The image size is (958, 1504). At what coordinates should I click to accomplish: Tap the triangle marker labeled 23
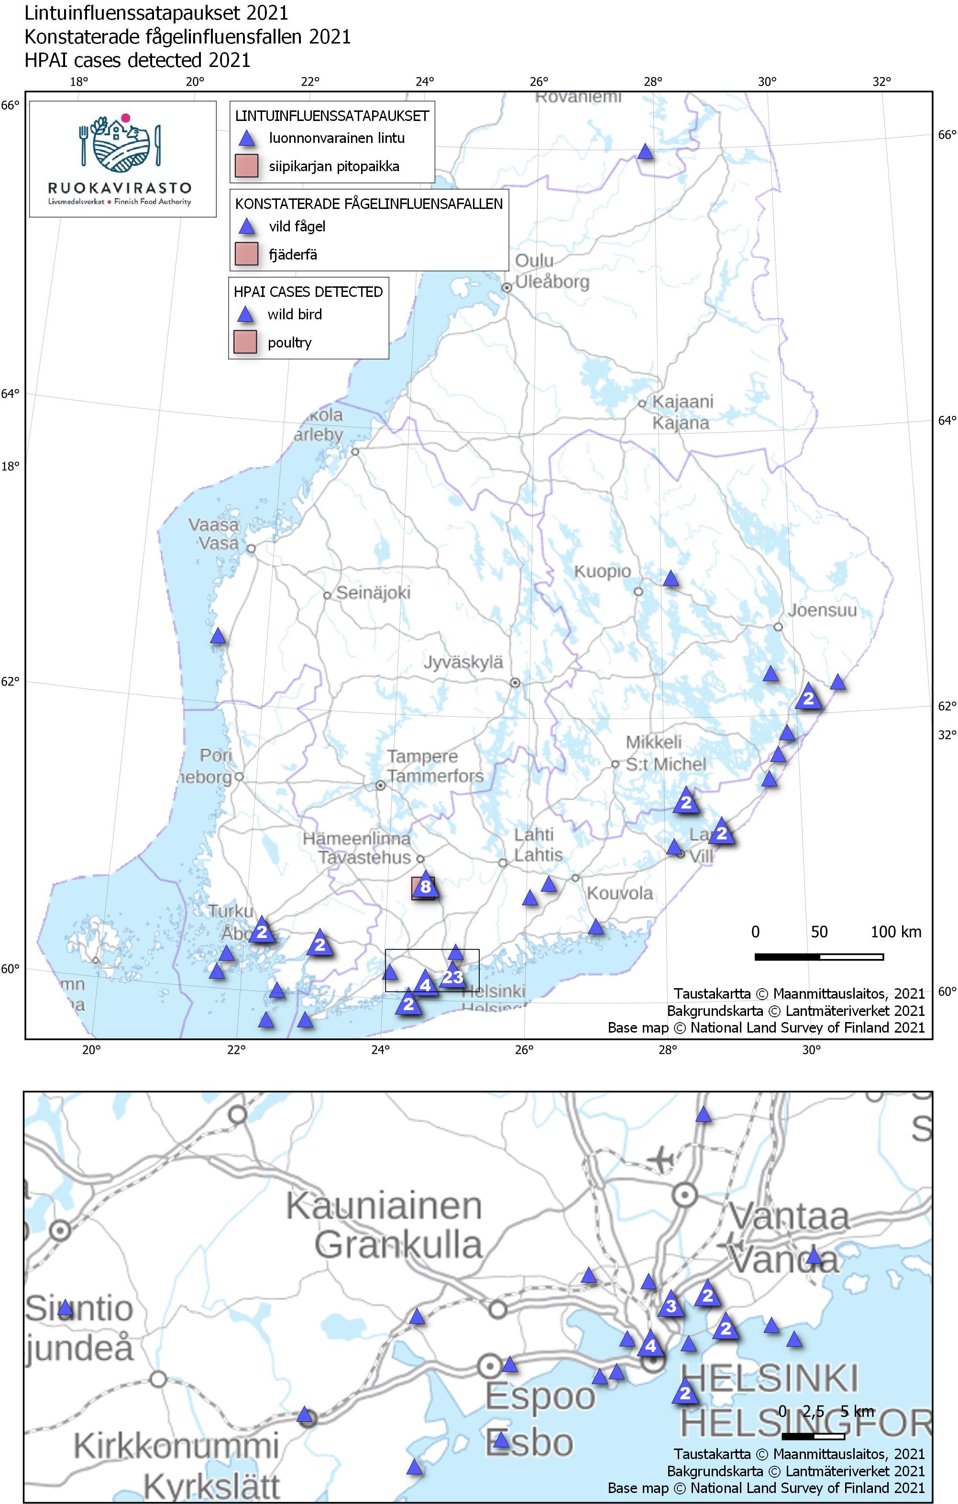click(452, 978)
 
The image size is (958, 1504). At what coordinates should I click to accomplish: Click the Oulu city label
click(534, 261)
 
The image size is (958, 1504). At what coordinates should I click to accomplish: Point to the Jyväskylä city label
click(463, 662)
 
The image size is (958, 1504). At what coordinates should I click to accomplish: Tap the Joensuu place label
click(822, 610)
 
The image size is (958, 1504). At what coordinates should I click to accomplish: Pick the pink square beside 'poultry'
click(245, 342)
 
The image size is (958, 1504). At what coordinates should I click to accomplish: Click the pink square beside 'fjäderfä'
click(246, 254)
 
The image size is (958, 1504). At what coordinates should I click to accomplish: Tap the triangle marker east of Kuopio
click(671, 578)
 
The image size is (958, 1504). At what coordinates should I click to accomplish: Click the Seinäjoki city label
click(373, 593)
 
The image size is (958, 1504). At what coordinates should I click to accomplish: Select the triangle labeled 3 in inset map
click(671, 1306)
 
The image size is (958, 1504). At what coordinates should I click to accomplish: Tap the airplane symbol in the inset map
click(660, 1160)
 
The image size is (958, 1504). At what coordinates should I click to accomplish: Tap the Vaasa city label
click(214, 524)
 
